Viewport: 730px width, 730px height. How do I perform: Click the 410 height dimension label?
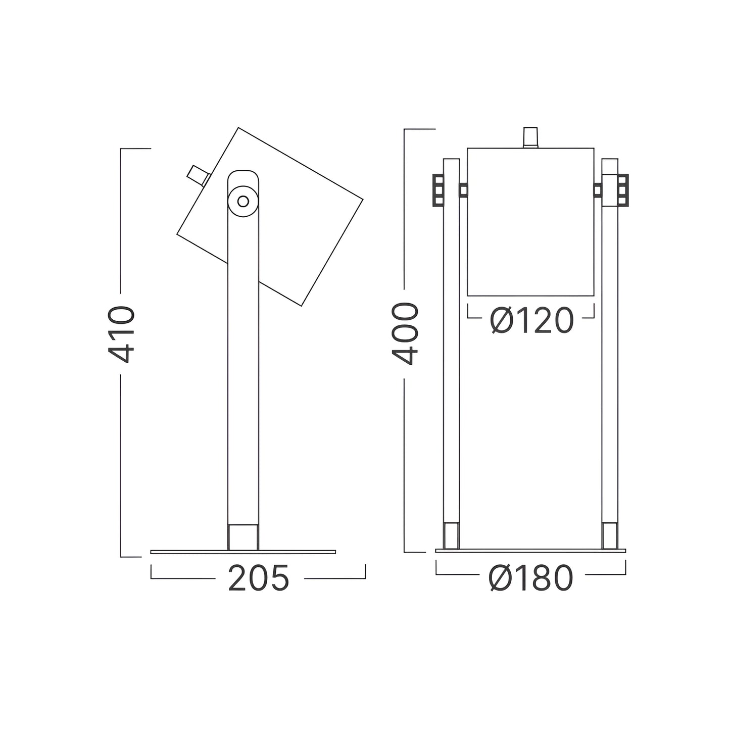click(x=121, y=334)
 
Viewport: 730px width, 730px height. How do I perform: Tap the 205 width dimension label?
click(x=259, y=578)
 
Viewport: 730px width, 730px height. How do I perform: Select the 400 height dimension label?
click(x=405, y=334)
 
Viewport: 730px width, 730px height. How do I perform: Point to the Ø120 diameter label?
click(x=531, y=320)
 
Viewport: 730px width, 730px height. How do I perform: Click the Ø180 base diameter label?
click(x=531, y=578)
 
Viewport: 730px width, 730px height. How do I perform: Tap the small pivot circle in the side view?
click(x=243, y=201)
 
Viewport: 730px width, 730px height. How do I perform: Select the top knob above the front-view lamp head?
click(x=530, y=137)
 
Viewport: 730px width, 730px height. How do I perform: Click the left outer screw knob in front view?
click(x=438, y=190)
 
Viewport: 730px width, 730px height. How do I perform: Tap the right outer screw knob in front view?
click(x=623, y=190)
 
